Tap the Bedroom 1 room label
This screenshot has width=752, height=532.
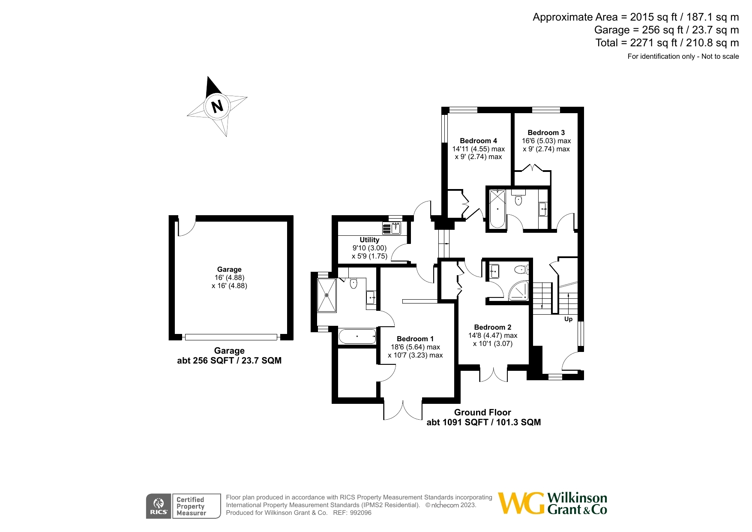point(415,339)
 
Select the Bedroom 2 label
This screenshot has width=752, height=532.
point(493,327)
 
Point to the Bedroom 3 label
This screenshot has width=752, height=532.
point(546,132)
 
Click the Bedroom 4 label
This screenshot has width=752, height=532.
point(479,141)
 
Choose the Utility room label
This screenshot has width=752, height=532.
point(369,240)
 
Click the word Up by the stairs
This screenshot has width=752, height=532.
point(568,319)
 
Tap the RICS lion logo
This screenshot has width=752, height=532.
point(159,506)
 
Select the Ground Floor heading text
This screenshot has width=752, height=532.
point(482,412)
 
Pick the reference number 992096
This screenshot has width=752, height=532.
point(361,513)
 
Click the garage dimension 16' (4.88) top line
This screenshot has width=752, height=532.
point(229,277)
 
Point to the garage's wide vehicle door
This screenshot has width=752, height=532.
point(231,337)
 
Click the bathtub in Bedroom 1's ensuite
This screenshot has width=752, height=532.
point(357,337)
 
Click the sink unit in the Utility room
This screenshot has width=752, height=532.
point(391,228)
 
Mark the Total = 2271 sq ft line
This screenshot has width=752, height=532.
point(667,43)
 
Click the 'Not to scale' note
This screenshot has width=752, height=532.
point(720,56)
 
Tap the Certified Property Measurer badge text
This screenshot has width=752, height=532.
point(191,506)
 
